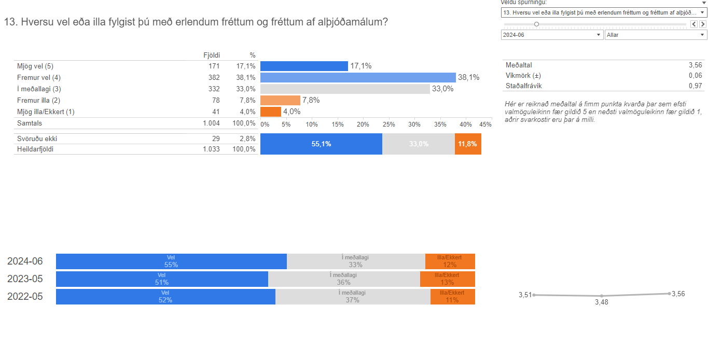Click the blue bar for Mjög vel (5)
(x=304, y=66)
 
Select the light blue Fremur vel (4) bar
(x=358, y=77)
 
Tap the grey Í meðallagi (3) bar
(x=345, y=89)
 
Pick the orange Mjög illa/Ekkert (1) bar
(x=270, y=112)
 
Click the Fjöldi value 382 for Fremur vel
(x=214, y=77)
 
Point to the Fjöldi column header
(x=211, y=55)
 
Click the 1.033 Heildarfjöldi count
(x=211, y=149)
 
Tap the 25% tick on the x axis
(x=388, y=124)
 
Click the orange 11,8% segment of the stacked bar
(x=468, y=144)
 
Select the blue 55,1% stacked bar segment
(x=321, y=144)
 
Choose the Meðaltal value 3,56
(x=695, y=65)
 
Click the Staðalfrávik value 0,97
(x=695, y=86)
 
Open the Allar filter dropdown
(x=656, y=35)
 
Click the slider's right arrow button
(x=703, y=24)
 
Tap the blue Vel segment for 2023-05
(x=162, y=279)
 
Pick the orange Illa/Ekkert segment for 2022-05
(x=452, y=297)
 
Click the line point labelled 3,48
(x=601, y=296)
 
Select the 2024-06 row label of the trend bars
(x=25, y=261)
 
